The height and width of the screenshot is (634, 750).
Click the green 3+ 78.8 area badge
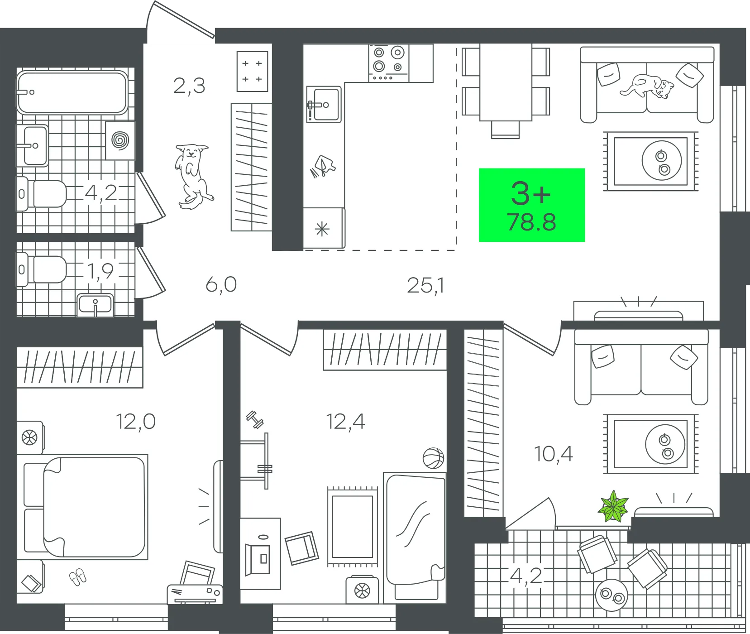click(x=531, y=205)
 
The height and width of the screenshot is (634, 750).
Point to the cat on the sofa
click(x=648, y=86)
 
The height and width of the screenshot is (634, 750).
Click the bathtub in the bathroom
click(x=72, y=92)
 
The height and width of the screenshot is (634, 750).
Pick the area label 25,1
click(x=425, y=285)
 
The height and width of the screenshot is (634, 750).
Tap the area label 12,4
click(x=345, y=422)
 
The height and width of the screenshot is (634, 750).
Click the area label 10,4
click(x=554, y=453)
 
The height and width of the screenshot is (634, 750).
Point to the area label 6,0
click(x=221, y=285)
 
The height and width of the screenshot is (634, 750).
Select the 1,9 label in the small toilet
click(x=100, y=271)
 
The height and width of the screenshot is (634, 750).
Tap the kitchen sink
click(x=325, y=105)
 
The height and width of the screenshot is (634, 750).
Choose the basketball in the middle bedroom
click(x=433, y=458)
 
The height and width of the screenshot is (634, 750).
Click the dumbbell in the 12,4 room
click(x=255, y=420)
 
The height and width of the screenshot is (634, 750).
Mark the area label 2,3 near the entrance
click(x=189, y=86)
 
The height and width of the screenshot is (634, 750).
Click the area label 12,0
click(x=136, y=422)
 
